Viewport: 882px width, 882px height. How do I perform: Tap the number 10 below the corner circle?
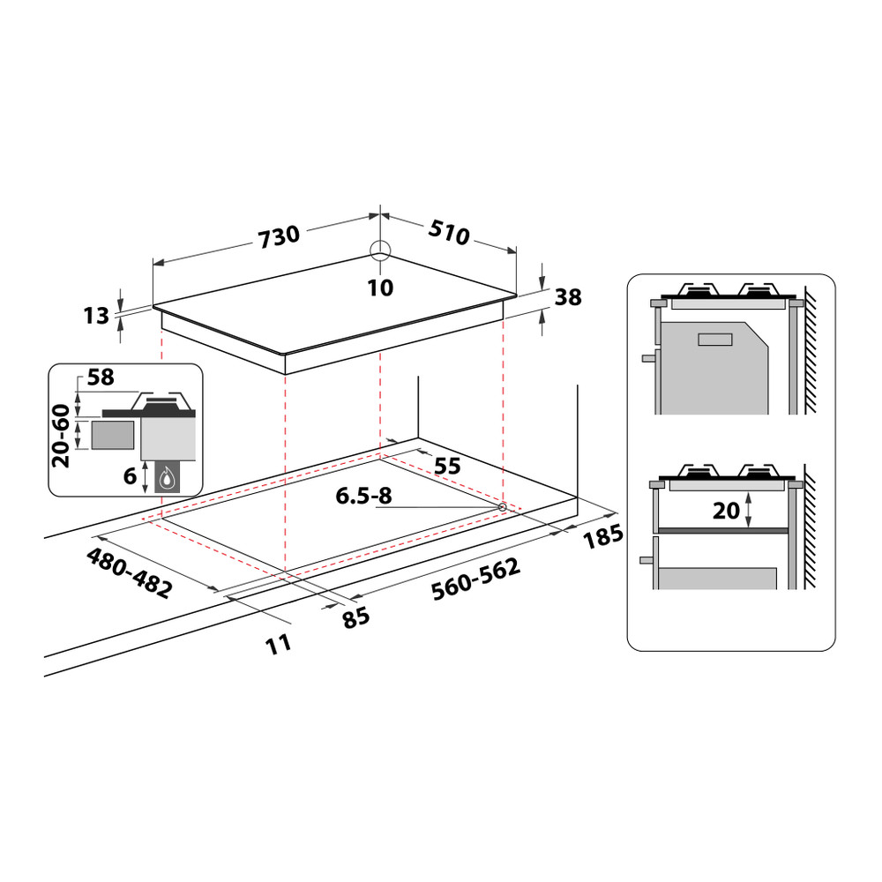pos(380,288)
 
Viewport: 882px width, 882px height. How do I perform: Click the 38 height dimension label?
pos(568,298)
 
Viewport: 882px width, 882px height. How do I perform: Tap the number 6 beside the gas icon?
pos(130,475)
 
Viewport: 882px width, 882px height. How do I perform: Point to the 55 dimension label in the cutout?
pos(447,466)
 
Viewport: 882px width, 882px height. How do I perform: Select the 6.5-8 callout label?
pos(363,497)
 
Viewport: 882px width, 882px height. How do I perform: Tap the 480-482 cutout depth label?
pos(129,572)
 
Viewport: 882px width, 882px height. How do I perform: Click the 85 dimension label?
pos(355,618)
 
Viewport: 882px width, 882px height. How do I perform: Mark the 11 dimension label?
pos(279,644)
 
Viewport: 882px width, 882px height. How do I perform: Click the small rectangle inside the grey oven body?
pos(715,340)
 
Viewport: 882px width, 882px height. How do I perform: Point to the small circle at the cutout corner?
pos(502,507)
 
